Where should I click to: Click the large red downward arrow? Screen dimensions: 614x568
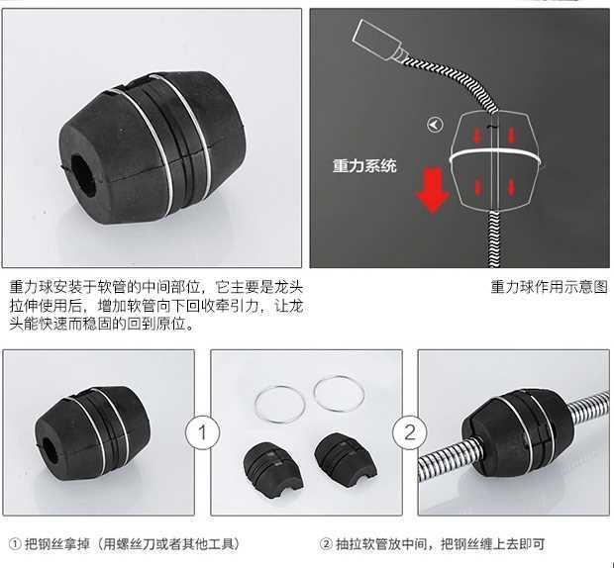click(x=433, y=191)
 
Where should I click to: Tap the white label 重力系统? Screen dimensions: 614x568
click(x=364, y=166)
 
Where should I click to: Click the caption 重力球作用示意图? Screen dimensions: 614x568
click(x=549, y=287)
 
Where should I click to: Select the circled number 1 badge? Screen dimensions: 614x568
click(x=202, y=432)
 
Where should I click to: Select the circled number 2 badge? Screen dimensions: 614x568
click(x=410, y=432)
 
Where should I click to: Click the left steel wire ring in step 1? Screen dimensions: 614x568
click(x=255, y=405)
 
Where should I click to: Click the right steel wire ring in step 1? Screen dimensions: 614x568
click(x=314, y=393)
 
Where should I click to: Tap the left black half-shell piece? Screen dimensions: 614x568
click(x=273, y=469)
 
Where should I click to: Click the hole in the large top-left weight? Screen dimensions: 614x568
click(x=83, y=175)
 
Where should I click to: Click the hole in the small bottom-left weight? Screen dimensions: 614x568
click(x=51, y=451)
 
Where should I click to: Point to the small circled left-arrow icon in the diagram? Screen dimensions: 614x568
click(x=435, y=126)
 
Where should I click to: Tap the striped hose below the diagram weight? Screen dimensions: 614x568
click(x=495, y=238)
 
